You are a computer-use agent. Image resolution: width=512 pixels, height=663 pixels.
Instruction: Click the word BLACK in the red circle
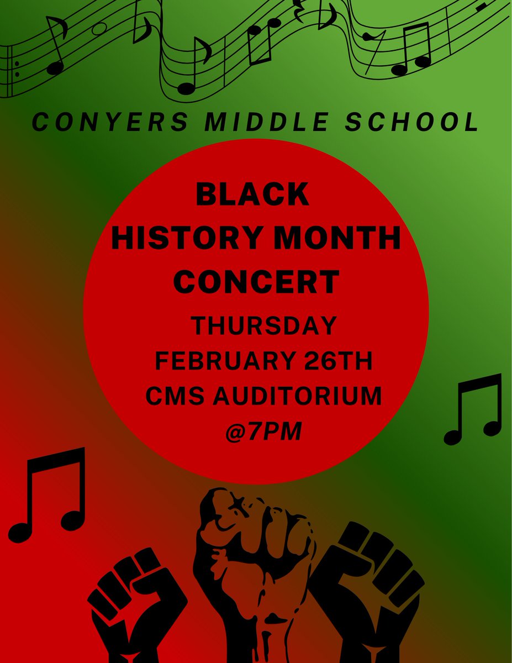[x=254, y=194]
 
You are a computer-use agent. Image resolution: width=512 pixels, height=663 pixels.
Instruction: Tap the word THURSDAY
[x=263, y=325]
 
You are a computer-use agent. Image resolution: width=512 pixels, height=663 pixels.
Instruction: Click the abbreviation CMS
[x=171, y=396]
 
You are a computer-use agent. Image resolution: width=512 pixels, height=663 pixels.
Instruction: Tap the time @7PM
[x=263, y=432]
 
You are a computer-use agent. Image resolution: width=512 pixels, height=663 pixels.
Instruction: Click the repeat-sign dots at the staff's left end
[x=17, y=69]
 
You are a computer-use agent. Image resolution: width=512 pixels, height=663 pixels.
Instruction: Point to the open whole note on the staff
[x=99, y=29]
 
